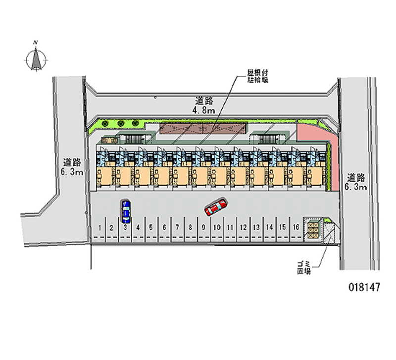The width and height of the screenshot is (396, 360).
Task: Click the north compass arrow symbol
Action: [36, 59]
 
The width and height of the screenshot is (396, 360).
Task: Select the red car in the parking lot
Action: [215, 207]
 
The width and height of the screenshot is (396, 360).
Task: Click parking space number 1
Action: [100, 228]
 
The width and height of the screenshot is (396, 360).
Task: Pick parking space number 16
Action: [295, 227]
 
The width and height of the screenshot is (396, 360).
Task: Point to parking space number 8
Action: [191, 228]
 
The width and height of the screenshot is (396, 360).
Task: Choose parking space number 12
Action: [243, 228]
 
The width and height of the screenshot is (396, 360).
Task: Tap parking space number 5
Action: [151, 228]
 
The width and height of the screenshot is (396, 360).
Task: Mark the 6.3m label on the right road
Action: [356, 187]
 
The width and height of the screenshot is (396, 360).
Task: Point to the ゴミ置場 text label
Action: [304, 268]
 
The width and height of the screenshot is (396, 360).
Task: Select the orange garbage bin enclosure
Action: [313, 230]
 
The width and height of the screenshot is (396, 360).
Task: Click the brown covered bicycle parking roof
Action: [203, 129]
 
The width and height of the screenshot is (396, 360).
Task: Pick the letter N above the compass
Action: [36, 43]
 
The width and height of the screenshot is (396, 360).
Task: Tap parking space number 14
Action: [269, 228]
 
